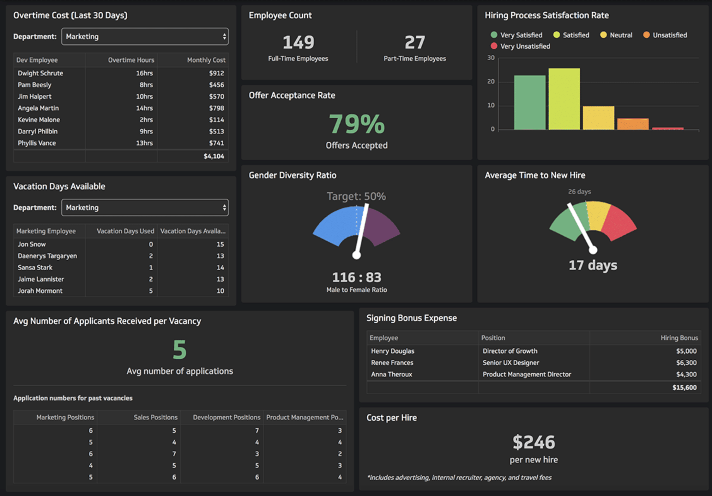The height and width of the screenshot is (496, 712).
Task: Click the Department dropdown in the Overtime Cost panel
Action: click(x=145, y=37)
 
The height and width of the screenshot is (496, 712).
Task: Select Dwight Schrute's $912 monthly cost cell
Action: click(x=216, y=73)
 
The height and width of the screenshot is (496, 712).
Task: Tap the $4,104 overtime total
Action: click(x=214, y=156)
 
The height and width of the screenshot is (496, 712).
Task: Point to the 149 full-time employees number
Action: click(x=298, y=42)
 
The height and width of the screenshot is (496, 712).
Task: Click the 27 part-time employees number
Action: click(x=415, y=42)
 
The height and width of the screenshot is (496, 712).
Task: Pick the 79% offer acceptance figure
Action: click(x=357, y=124)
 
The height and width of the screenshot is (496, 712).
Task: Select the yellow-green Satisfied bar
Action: click(x=564, y=99)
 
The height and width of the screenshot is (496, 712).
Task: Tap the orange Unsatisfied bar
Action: click(x=633, y=124)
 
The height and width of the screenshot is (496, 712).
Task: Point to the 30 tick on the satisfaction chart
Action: click(x=491, y=58)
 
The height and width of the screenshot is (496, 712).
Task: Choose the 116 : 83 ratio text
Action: click(x=357, y=277)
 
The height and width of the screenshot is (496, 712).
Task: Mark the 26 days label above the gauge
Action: click(x=579, y=192)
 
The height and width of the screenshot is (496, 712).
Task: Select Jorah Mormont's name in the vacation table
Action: click(x=40, y=291)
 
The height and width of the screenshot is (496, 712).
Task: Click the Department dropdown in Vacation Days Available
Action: click(x=145, y=208)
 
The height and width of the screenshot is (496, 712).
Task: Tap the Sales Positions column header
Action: click(x=155, y=418)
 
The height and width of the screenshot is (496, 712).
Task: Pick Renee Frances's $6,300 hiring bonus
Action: click(x=686, y=363)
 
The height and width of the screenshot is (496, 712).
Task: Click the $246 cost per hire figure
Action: click(x=534, y=442)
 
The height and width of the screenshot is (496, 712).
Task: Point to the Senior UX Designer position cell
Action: click(x=511, y=363)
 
